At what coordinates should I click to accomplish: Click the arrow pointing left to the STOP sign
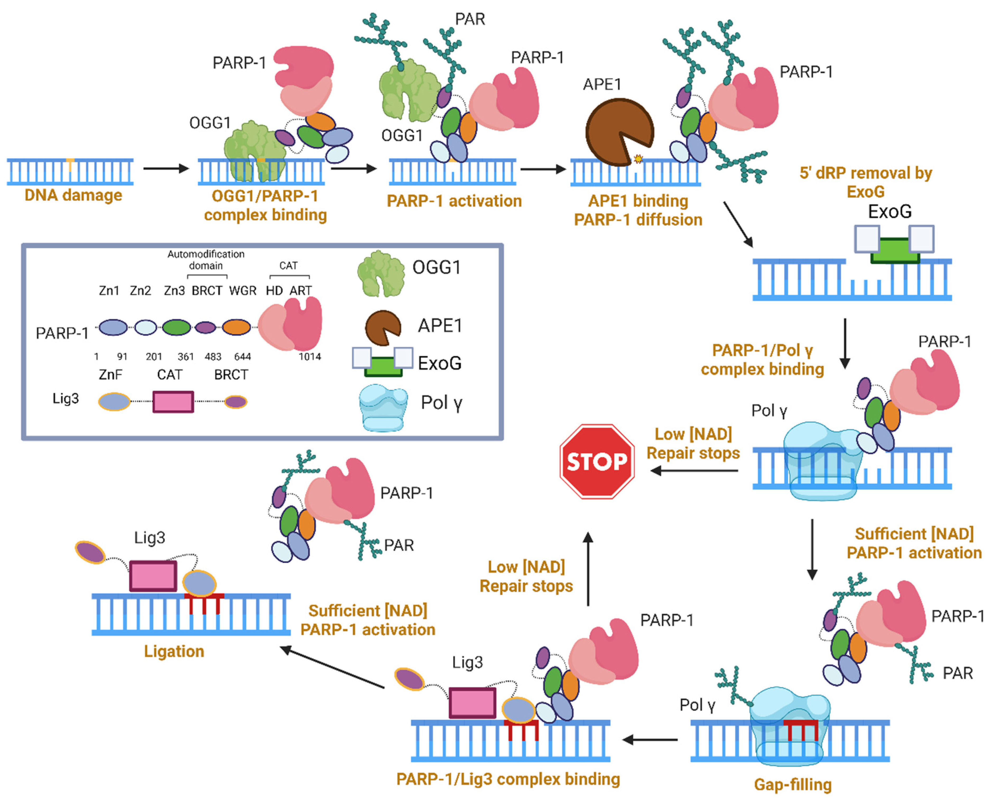(694, 471)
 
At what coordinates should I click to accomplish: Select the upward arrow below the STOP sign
(588, 569)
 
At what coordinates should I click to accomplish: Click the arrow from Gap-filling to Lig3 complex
(650, 740)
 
